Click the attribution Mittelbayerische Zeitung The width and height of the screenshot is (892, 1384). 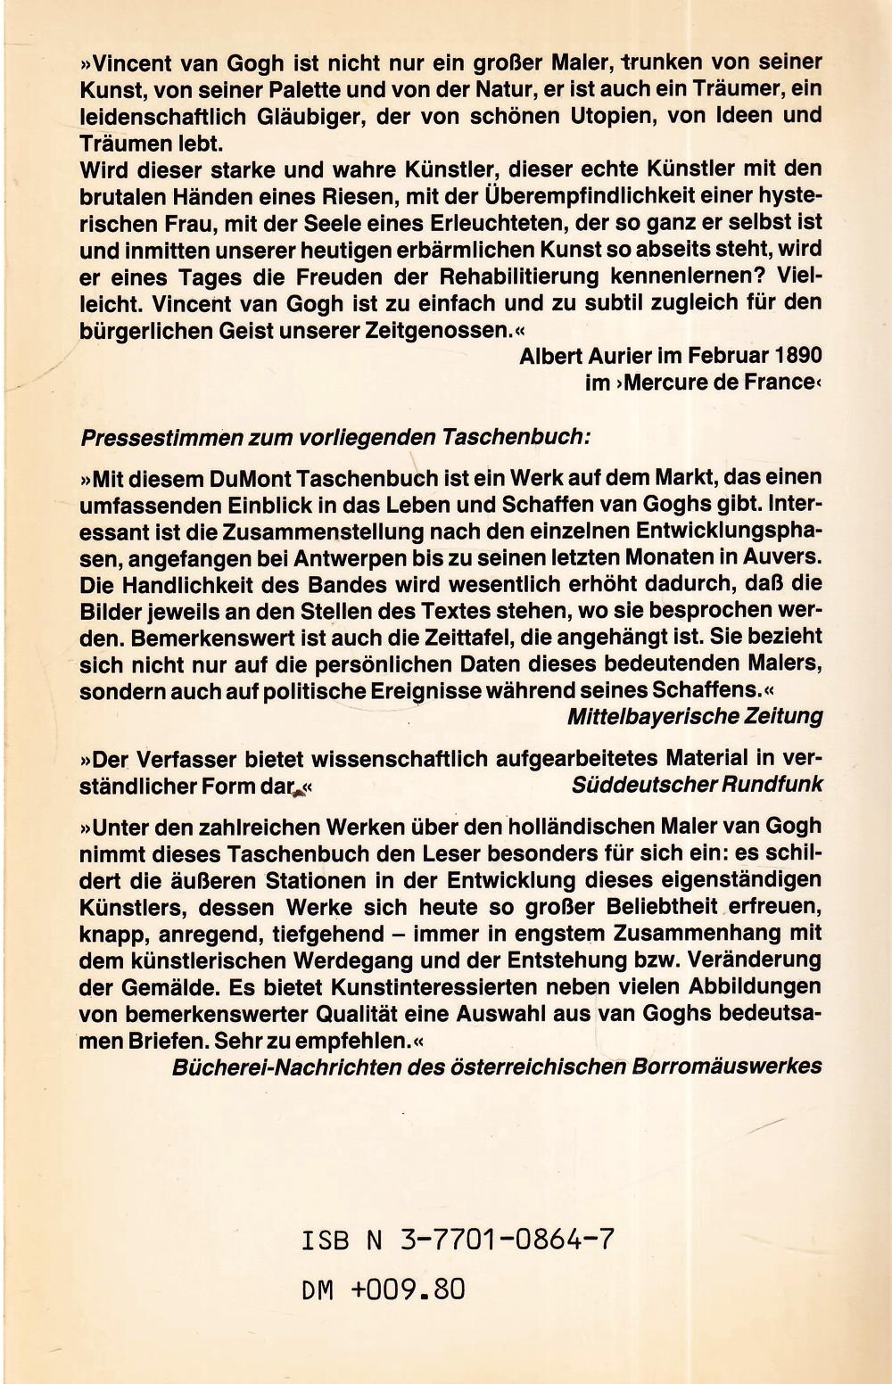[x=695, y=715]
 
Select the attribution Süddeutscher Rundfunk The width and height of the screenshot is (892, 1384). [x=698, y=785]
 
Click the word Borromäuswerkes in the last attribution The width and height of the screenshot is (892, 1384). [x=727, y=1067]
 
